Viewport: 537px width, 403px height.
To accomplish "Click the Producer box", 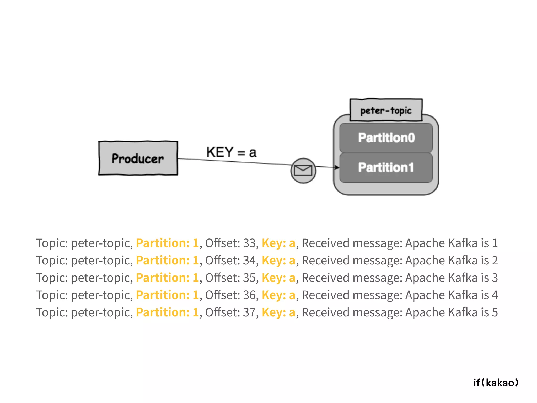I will tap(138, 158).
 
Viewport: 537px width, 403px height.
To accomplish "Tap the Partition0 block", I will tap(386, 138).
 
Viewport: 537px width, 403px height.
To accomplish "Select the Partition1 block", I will tap(386, 167).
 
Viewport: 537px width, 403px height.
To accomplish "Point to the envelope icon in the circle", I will tap(303, 171).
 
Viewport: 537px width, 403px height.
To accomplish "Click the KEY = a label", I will tap(231, 152).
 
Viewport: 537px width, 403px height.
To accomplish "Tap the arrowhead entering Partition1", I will tap(337, 167).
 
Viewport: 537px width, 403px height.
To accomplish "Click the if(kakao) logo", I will tap(496, 383).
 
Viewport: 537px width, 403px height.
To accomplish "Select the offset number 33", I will tap(249, 243).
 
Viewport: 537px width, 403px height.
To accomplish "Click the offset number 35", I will tap(249, 278).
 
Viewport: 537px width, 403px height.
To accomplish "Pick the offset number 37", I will tap(249, 312).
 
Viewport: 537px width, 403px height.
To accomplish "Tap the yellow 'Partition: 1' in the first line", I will tap(167, 243).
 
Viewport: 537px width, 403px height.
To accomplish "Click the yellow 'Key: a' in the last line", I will tap(278, 312).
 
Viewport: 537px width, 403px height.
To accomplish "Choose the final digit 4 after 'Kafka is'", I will tap(495, 295).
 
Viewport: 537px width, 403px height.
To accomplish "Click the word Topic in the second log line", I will tap(51, 260).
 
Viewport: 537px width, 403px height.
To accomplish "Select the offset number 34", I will tap(249, 260).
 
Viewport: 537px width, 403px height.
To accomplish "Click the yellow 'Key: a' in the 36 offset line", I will tap(278, 295).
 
